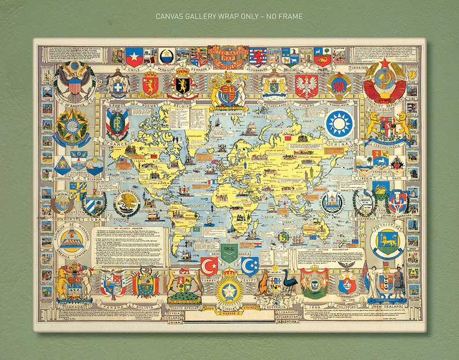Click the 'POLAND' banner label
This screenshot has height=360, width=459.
[x=306, y=106]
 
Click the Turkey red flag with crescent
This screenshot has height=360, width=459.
[x=209, y=266]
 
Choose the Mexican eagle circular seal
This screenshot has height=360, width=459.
[x=127, y=203]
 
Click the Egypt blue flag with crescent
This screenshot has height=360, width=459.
[x=250, y=266]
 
